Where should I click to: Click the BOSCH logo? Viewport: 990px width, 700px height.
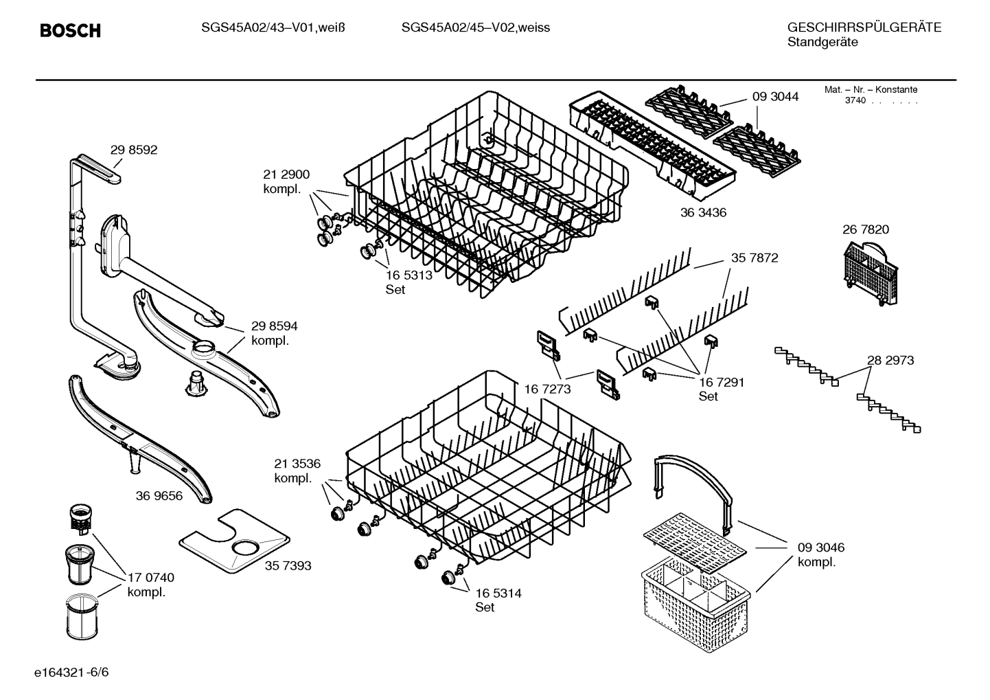point(70,30)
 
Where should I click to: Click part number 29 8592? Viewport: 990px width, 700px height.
point(133,150)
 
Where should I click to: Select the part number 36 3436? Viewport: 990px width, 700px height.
point(703,213)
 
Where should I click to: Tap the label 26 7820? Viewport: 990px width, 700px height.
point(865,229)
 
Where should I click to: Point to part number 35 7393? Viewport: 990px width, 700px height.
point(288,565)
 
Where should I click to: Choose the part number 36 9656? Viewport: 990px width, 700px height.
point(159,496)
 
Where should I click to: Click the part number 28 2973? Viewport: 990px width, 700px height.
point(890,361)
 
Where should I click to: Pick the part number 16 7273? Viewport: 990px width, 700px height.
point(547,389)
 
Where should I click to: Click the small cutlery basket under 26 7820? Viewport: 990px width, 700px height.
point(871,273)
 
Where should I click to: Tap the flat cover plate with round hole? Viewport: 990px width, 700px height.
point(234,539)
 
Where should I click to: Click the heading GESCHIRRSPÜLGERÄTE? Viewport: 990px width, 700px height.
point(864,27)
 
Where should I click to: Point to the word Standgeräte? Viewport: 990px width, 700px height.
point(822,43)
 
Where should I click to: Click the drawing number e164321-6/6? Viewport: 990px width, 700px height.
point(71,673)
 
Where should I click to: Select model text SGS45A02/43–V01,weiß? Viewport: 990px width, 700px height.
point(273,28)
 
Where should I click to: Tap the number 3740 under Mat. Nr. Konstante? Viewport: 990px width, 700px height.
point(855,100)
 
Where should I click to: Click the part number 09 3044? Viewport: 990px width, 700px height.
point(775,97)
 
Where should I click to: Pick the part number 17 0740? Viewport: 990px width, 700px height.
point(151,578)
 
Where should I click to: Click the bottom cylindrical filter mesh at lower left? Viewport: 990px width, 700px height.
point(82,617)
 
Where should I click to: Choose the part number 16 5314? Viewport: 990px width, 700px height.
point(498,594)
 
